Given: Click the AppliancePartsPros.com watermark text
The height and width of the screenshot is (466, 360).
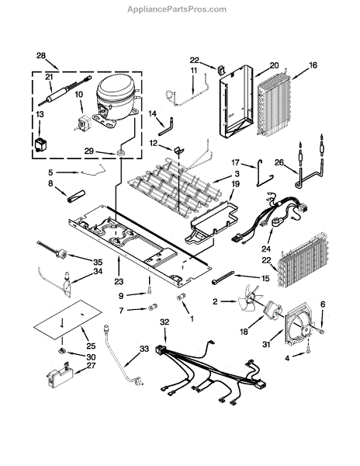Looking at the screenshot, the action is pyautogui.click(x=177, y=9).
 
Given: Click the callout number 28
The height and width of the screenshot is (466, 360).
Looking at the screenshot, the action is pyautogui.click(x=41, y=56).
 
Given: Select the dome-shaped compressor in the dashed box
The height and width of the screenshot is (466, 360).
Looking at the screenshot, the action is pyautogui.click(x=116, y=100).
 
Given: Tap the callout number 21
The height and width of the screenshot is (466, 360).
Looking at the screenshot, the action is pyautogui.click(x=49, y=77).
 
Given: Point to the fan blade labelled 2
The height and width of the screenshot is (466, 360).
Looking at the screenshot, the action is pyautogui.click(x=250, y=300).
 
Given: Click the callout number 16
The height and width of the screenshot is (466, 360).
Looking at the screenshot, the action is pyautogui.click(x=313, y=65).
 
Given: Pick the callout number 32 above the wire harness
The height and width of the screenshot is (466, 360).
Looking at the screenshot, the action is pyautogui.click(x=164, y=322).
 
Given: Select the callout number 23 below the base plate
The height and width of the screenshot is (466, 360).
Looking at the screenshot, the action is pyautogui.click(x=119, y=281).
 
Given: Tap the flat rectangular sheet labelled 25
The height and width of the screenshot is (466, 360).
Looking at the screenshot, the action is pyautogui.click(x=67, y=320).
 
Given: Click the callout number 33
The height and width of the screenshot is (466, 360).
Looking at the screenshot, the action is pyautogui.click(x=144, y=349).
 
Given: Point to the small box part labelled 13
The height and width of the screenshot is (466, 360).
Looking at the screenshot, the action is pyautogui.click(x=41, y=145).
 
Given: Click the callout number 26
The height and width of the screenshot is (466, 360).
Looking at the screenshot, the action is pyautogui.click(x=279, y=162).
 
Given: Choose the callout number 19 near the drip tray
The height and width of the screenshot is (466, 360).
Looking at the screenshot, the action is pyautogui.click(x=235, y=184).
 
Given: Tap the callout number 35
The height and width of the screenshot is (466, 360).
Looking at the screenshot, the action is pyautogui.click(x=98, y=262).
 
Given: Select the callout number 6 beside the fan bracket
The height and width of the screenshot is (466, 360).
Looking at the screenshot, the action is pyautogui.click(x=323, y=304).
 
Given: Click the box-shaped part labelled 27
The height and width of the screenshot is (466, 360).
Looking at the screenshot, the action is pyautogui.click(x=60, y=375).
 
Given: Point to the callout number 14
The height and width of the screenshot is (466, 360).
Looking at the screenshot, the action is pyautogui.click(x=152, y=114).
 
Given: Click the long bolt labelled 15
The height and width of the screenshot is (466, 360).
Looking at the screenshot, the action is pyautogui.click(x=223, y=277).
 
